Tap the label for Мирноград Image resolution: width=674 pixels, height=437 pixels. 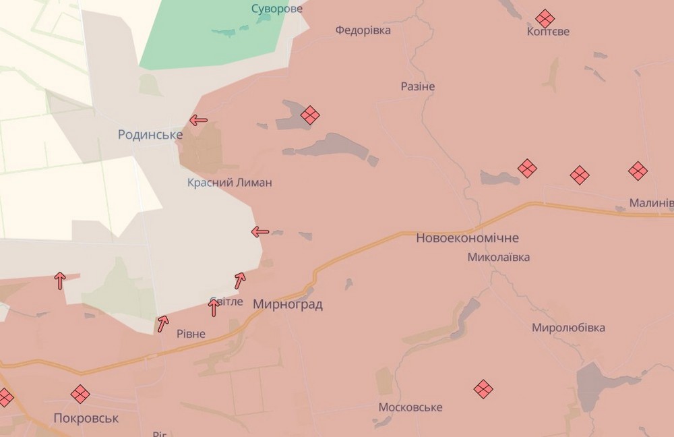[x=288, y=305]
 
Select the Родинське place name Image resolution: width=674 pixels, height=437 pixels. [x=150, y=135]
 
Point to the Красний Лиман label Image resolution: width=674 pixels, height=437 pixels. [x=230, y=183]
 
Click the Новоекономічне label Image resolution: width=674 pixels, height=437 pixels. [x=468, y=238]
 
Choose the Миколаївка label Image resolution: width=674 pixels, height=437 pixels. [x=499, y=257]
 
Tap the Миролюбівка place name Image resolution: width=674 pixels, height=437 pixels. [x=568, y=328]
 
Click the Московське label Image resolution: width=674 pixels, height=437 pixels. [x=410, y=407]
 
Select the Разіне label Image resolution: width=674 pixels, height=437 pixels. [x=418, y=86]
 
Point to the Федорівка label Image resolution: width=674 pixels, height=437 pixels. [x=363, y=30]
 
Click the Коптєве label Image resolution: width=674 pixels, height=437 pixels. [x=549, y=32]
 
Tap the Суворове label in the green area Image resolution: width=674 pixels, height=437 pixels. [x=277, y=9]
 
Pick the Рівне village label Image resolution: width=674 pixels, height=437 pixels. [x=191, y=334]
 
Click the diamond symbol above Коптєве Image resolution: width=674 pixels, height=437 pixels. [x=545, y=18]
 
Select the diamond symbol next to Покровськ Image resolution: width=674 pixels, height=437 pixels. [x=80, y=394]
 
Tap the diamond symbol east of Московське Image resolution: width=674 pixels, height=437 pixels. [x=483, y=388]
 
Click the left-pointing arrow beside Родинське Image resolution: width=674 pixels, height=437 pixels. [x=198, y=121]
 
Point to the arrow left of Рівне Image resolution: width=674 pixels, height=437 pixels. [x=162, y=324]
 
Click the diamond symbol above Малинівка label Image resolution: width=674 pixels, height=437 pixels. [x=638, y=171]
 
